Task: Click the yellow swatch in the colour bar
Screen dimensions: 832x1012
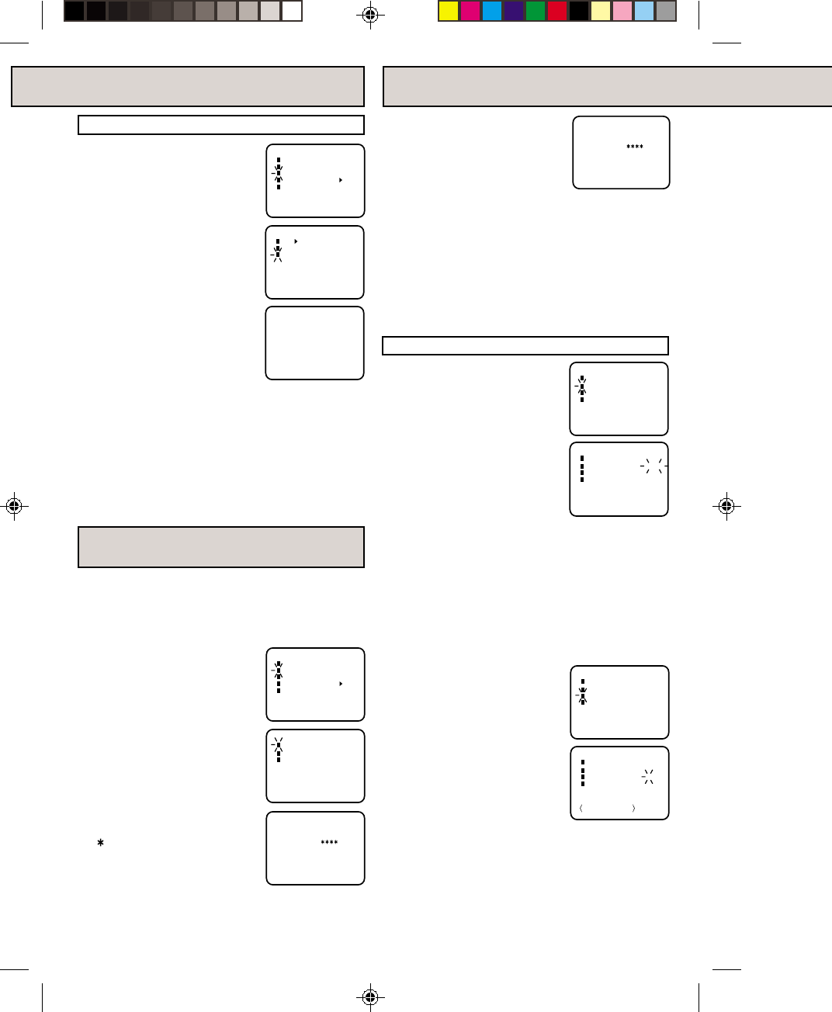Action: [x=449, y=11]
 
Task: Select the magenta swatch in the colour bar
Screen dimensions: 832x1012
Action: [x=470, y=11]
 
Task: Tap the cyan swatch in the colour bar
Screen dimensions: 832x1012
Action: [x=492, y=11]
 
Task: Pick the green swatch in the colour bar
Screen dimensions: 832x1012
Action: [x=536, y=11]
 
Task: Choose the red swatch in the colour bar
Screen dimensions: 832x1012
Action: [x=557, y=11]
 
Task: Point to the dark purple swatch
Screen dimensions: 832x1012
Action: [x=514, y=11]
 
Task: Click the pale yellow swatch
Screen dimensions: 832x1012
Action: [x=601, y=11]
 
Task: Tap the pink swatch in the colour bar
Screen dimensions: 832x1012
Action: [x=622, y=11]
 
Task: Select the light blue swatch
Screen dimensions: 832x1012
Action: [x=644, y=11]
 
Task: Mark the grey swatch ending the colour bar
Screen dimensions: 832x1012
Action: [x=666, y=11]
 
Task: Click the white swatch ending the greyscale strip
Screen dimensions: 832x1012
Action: [x=292, y=11]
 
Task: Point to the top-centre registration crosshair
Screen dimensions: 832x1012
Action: [x=370, y=14]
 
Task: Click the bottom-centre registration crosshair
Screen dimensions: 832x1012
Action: [x=370, y=996]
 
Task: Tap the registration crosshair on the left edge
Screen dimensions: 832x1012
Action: [x=13, y=506]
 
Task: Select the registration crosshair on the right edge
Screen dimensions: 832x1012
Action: [x=726, y=506]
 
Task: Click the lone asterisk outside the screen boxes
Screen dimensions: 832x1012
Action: [x=100, y=842]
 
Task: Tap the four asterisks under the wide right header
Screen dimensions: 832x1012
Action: [x=635, y=147]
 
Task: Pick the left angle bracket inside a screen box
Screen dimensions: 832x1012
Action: [x=581, y=809]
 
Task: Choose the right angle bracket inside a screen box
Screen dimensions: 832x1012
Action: [x=634, y=809]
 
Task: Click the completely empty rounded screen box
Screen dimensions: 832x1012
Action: [x=314, y=343]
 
